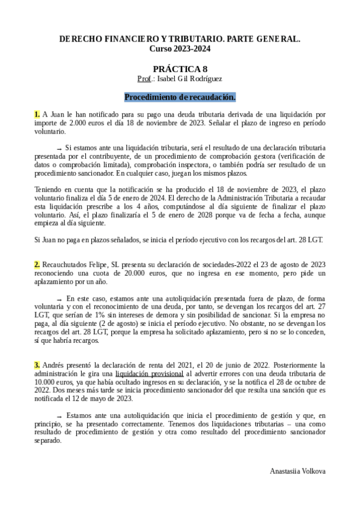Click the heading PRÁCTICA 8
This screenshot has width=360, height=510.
180,69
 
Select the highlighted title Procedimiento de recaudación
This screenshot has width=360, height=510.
180,97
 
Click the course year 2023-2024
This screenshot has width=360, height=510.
194,48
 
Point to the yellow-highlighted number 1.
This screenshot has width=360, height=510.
37,114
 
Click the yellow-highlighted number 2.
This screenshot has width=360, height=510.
37,264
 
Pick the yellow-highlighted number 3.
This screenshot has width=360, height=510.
37,364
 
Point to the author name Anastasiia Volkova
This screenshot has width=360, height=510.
298,471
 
